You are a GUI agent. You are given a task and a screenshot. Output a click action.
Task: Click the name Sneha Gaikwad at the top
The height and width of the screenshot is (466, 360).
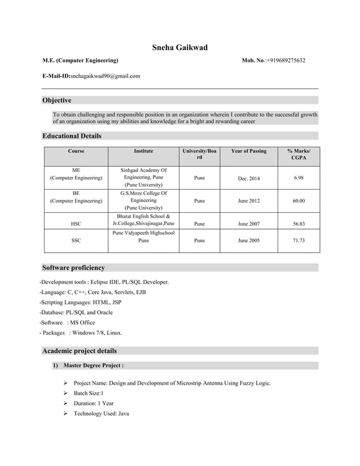179,47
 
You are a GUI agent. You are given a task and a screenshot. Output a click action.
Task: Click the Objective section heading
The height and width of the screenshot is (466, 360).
58,100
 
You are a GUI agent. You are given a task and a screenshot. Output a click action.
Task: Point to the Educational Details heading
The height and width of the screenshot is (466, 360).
72,136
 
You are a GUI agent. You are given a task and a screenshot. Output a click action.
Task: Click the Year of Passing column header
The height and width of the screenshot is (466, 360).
249,151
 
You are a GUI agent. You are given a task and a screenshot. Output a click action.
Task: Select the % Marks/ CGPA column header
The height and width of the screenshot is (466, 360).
298,155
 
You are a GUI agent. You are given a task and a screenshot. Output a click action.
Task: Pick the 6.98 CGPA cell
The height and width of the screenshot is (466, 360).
298,178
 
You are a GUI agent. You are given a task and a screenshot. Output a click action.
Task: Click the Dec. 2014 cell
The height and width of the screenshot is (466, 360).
249,179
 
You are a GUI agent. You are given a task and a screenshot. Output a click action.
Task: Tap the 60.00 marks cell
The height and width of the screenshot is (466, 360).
298,200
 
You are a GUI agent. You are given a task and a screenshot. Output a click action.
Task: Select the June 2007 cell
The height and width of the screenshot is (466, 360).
249,224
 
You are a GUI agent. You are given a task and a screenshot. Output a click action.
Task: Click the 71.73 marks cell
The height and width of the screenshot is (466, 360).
298,240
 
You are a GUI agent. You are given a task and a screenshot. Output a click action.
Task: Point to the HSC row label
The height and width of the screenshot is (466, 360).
76,224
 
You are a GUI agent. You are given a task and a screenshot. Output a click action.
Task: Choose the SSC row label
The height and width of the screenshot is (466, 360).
76,240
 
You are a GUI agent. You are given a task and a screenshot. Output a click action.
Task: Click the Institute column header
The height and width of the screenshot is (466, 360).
143,151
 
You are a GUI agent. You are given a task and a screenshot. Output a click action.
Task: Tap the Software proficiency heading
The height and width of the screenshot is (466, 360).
74,267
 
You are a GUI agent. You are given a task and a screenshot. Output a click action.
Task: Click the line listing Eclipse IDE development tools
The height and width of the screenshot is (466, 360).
104,282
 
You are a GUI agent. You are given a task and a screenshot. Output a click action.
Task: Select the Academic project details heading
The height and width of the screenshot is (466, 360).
80,351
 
